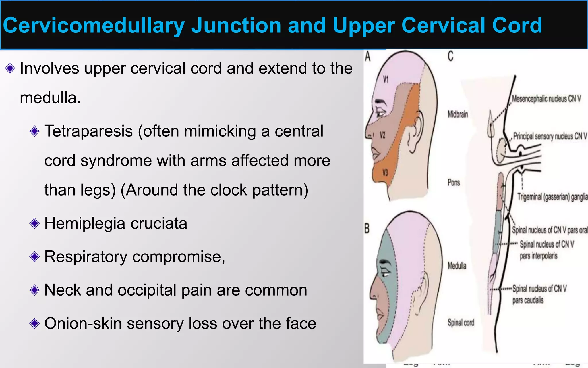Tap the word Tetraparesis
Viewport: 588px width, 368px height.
(88, 131)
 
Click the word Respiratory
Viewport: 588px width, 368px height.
(86, 256)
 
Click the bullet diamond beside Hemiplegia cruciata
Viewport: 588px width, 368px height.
(34, 223)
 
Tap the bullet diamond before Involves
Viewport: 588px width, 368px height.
(10, 68)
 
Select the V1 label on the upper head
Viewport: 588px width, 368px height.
(386, 79)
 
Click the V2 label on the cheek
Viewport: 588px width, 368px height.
(382, 135)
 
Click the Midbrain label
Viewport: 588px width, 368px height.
(458, 114)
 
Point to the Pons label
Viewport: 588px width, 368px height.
(454, 183)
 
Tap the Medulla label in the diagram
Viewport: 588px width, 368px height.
(457, 266)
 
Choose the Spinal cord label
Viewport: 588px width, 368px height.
(461, 323)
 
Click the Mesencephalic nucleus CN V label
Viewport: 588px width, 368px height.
(546, 99)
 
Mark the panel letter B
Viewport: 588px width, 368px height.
(367, 229)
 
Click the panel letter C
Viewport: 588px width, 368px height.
(450, 56)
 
